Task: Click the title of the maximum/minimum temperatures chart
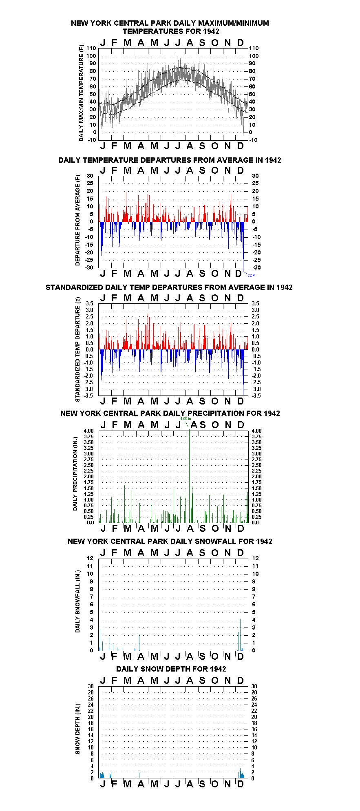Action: coord(170,27)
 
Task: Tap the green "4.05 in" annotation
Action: coord(186,419)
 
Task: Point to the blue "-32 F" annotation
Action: coord(251,276)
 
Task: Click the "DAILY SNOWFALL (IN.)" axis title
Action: coord(77,601)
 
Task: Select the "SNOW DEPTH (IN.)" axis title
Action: coord(77,729)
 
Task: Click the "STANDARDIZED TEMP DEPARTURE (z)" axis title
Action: coord(77,349)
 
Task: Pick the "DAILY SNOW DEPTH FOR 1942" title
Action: coord(171,669)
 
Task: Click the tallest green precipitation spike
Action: coord(189,476)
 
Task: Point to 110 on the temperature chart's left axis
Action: coord(91,48)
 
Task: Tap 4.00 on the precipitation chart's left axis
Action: coord(88,431)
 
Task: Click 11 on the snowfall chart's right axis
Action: coord(255,566)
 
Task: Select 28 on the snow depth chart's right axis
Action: coord(254,692)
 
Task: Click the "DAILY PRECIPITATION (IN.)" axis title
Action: coord(75,476)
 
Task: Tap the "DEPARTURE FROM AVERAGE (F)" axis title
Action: coord(77,220)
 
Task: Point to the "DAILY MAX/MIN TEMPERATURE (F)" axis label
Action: coord(81,93)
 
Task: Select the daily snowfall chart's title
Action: coord(170,541)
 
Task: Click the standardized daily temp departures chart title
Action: coord(169,287)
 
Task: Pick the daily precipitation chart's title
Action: coord(170,413)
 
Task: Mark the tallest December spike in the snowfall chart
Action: coord(241,635)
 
